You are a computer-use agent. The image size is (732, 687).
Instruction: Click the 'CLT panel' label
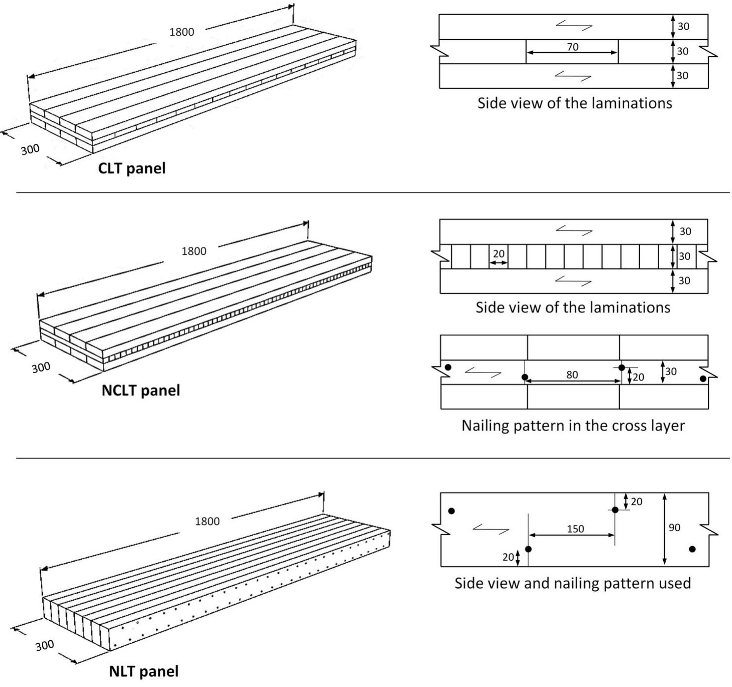(132, 168)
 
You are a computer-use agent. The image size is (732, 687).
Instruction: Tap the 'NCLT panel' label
(141, 390)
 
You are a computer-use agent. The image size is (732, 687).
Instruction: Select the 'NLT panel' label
(144, 671)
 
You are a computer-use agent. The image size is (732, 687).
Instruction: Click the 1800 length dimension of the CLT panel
(182, 32)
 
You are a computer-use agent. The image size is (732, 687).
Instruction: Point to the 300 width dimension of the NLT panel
(45, 645)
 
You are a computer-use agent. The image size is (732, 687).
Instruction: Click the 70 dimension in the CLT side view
(572, 47)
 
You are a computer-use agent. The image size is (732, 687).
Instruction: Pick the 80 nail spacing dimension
(572, 375)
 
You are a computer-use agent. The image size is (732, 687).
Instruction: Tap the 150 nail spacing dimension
(575, 529)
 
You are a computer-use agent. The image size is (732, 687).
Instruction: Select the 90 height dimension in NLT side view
(674, 527)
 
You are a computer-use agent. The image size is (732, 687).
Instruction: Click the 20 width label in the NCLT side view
(498, 254)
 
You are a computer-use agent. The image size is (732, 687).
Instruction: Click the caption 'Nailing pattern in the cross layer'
(573, 426)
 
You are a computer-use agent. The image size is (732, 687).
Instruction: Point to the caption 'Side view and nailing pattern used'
(573, 583)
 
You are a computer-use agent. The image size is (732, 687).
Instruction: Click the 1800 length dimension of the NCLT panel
(194, 251)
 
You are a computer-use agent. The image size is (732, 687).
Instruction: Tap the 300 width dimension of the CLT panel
(30, 150)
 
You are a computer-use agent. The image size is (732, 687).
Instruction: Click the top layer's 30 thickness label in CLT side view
(683, 26)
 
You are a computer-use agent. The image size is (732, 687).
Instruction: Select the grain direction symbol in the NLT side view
(491, 529)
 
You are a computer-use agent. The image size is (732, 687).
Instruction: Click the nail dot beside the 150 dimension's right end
(615, 510)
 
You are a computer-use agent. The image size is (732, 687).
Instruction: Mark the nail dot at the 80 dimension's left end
(525, 377)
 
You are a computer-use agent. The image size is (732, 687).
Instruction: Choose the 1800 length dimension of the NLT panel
(207, 521)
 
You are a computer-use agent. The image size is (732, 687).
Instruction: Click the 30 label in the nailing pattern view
(671, 371)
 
